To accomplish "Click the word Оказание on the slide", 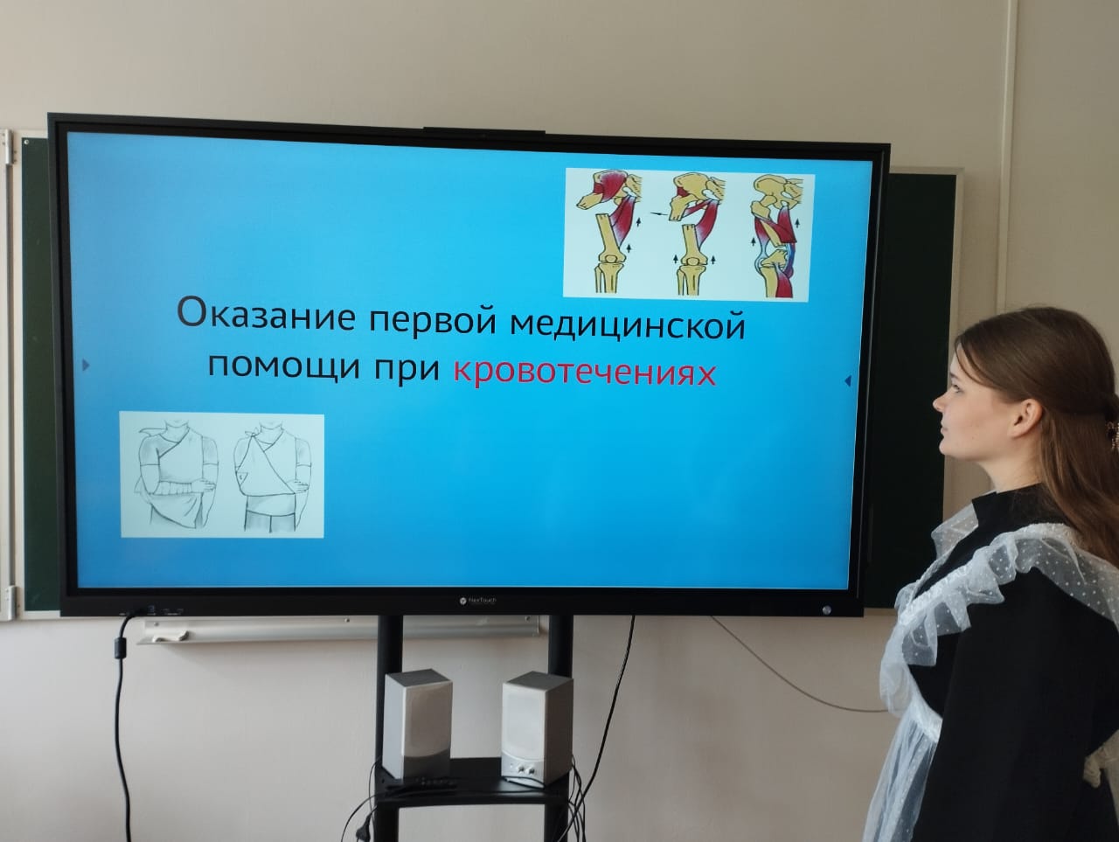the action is (266, 313).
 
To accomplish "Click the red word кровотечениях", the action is (585, 373).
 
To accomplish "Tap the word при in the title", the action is (407, 368).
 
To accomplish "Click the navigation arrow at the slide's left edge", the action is (86, 365).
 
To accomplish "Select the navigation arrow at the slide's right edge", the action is (848, 380).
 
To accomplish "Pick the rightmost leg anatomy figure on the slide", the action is (776, 235).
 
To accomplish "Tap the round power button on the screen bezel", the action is (826, 609).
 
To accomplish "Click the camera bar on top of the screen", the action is (483, 131).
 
